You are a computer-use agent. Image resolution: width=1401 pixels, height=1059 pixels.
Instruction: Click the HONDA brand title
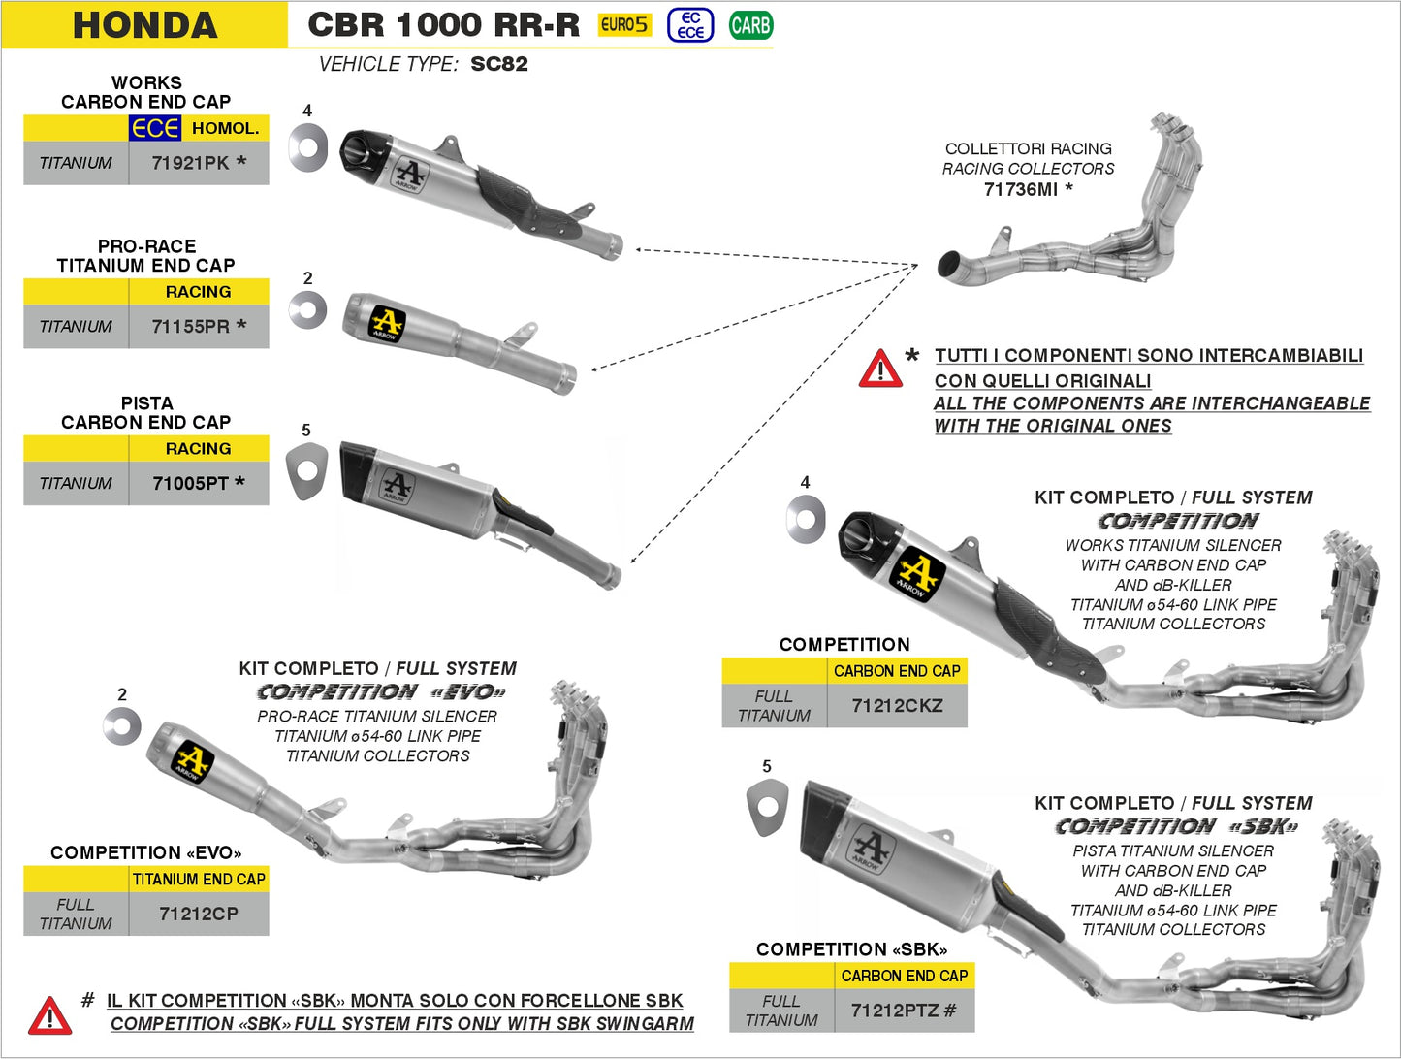[x=145, y=25]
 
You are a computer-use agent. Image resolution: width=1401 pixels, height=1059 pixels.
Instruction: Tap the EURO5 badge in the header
[x=624, y=25]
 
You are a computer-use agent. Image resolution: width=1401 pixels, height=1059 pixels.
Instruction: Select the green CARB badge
[x=750, y=25]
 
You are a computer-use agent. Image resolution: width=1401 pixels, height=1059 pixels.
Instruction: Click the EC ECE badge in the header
[x=690, y=25]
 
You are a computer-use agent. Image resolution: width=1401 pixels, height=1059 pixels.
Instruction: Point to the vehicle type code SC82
[x=499, y=64]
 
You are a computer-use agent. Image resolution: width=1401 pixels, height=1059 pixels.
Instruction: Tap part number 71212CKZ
[x=897, y=705]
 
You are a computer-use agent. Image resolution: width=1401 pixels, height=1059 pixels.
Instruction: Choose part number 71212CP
[x=198, y=914]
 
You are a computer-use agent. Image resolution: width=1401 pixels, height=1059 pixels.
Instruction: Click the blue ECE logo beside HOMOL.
[x=155, y=128]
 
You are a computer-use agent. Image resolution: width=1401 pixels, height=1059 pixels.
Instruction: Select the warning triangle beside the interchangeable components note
[x=880, y=369]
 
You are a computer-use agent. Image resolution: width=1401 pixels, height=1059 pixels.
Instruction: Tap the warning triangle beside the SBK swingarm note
[x=49, y=1015]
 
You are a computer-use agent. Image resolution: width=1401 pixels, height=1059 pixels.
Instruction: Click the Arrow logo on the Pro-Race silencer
[x=387, y=324]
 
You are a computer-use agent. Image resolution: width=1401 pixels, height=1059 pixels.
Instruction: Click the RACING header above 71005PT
[x=198, y=448]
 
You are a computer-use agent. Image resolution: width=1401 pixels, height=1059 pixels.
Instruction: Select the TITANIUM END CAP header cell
[x=198, y=880]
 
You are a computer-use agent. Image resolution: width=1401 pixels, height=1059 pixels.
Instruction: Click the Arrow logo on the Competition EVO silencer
[x=191, y=762]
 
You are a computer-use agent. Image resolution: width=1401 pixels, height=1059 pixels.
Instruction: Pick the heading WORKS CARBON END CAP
[x=145, y=92]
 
